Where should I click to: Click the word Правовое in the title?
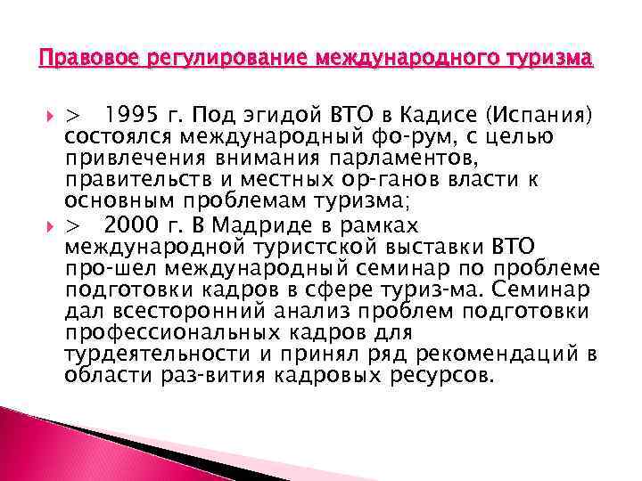click(72, 60)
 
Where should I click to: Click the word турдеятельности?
click(137, 354)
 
